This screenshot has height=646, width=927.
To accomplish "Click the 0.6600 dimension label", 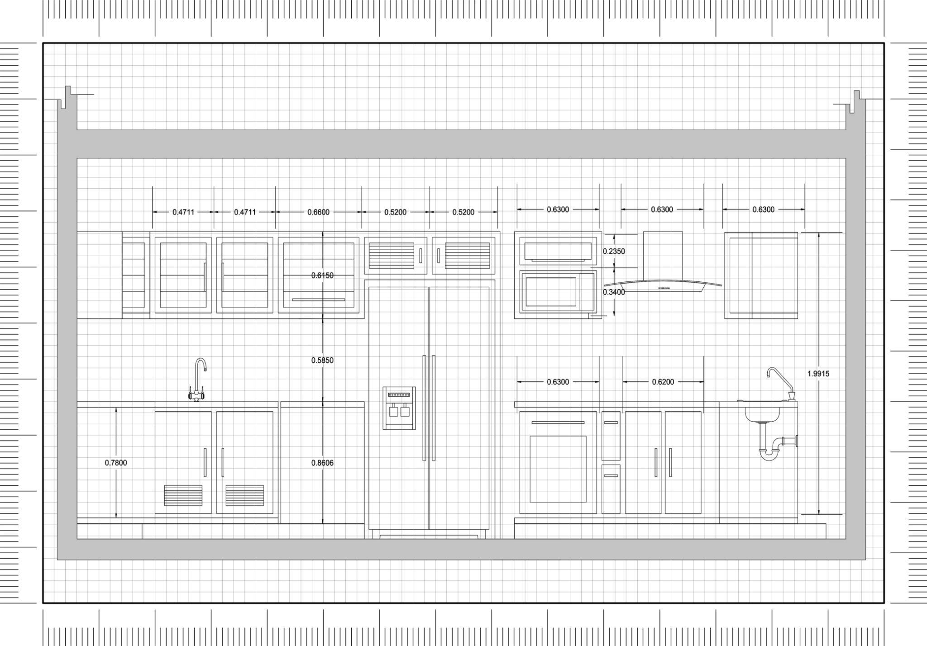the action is pos(318,212).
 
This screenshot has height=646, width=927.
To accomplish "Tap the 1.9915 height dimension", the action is pos(818,374).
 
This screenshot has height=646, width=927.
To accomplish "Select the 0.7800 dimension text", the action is pos(116,463).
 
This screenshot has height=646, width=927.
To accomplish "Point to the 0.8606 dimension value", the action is pos(322,463).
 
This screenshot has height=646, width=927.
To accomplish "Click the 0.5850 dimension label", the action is pos(322,361).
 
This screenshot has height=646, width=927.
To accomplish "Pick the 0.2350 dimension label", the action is pos(614,252).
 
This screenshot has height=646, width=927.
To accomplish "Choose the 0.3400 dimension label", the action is pos(614,292).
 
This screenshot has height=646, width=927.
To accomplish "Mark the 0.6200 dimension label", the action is pos(663,382).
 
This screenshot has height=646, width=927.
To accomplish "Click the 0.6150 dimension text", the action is pos(322,275).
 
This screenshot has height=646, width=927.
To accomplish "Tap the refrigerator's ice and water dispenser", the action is pos(399,408).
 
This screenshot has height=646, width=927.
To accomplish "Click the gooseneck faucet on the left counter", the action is pos(198,380).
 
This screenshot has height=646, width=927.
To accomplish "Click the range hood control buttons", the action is pos(664,288).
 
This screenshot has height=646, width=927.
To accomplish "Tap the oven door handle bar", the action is pos(558,423).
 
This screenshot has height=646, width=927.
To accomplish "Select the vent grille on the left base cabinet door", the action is pos(183,495).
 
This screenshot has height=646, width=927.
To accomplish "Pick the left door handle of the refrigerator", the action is pos(424,408).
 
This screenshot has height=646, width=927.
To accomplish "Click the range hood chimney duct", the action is pos(663,256).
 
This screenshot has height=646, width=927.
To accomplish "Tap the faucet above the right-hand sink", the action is pos(781,384).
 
